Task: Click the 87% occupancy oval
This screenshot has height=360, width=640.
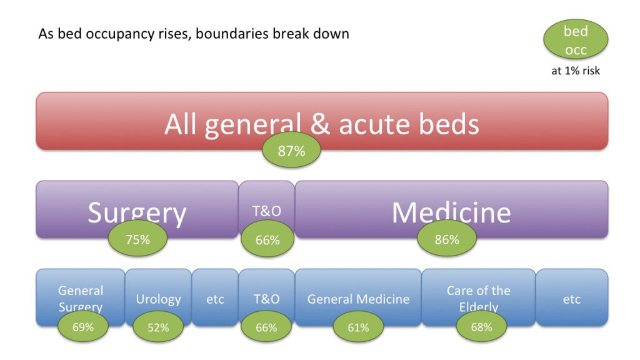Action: click(291, 151)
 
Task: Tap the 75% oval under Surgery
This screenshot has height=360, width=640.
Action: click(137, 239)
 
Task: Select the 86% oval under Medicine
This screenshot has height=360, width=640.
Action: click(447, 239)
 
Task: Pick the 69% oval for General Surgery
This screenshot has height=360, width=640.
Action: click(83, 327)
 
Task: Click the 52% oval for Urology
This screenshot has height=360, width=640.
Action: click(158, 327)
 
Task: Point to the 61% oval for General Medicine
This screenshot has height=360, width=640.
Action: click(358, 327)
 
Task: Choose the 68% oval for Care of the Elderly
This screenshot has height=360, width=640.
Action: click(481, 327)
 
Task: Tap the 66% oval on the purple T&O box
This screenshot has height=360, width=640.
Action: click(267, 239)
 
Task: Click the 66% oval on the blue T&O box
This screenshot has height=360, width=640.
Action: click(266, 327)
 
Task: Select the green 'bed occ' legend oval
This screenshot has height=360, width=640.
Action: click(576, 40)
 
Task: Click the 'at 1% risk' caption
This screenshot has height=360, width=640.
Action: click(576, 71)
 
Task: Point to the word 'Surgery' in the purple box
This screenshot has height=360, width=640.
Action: click(137, 213)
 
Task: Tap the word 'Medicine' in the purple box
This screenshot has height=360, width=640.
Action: click(451, 212)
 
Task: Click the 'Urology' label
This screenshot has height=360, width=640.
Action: click(158, 299)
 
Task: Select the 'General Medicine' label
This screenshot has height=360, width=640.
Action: click(358, 299)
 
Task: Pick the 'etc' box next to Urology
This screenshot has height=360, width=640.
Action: click(215, 297)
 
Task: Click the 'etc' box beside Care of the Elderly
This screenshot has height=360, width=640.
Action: click(572, 297)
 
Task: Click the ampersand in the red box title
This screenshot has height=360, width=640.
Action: click(320, 124)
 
